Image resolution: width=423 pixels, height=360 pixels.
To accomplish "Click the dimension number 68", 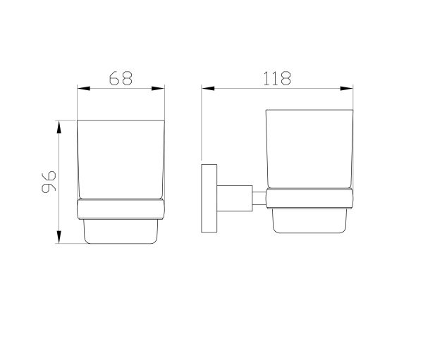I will (x=121, y=78).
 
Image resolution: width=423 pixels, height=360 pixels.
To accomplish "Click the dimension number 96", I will (x=47, y=182).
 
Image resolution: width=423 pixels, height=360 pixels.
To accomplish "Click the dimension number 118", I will (x=277, y=78).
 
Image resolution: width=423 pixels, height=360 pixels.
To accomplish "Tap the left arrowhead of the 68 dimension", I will (x=81, y=88).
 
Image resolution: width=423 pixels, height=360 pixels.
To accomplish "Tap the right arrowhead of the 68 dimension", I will (x=160, y=88).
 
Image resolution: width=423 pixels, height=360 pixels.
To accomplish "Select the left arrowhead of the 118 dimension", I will (x=207, y=88).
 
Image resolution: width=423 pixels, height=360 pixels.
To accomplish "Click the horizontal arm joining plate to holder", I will (x=235, y=197).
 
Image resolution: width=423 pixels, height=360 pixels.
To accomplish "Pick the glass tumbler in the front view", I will (x=121, y=159).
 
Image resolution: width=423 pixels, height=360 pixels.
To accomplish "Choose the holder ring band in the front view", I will (x=121, y=209).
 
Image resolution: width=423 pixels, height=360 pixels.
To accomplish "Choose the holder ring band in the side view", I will (x=309, y=199).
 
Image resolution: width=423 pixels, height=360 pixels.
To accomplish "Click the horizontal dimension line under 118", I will (x=277, y=88).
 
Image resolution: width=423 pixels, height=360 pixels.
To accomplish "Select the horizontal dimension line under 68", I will (x=121, y=88).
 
